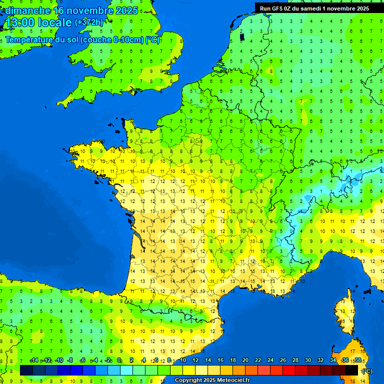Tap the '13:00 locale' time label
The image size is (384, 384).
click(38, 22)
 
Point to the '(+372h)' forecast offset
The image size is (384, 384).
click(88, 22)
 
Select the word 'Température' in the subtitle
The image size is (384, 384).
click(29, 40)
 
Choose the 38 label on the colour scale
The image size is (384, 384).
click(357, 360)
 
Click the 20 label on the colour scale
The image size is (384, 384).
click(245, 360)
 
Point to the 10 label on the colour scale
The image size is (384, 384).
click(183, 360)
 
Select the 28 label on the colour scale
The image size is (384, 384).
click(295, 360)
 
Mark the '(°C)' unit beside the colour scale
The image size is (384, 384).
click(367, 371)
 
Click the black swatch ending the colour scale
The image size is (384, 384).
click(351, 370)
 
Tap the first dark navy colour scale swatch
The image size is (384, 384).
click(26, 370)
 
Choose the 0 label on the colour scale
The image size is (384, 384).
click(119, 360)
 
